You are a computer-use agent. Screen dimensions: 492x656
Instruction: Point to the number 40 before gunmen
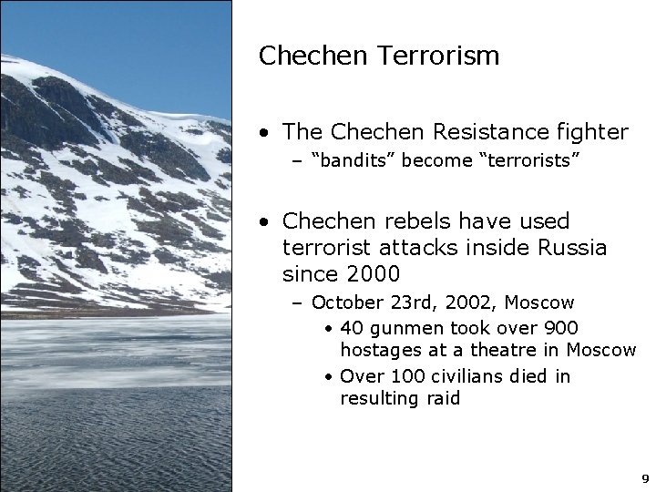pos(351,328)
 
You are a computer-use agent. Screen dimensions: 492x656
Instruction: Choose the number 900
pos(560,328)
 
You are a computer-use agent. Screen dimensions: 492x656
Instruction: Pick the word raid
pos(443,399)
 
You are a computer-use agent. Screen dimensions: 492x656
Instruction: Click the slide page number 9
pos(645,478)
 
